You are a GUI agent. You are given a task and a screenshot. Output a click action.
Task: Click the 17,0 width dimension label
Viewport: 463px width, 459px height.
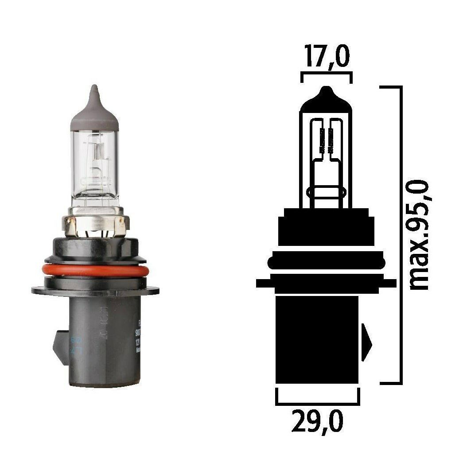click(326, 57)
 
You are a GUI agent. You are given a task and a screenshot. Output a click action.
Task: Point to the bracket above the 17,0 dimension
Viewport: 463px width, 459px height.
click(326, 76)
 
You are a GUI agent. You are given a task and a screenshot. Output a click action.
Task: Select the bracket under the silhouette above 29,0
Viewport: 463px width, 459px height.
click(317, 398)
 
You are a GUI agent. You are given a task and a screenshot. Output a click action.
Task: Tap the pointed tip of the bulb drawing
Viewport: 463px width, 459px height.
click(326, 91)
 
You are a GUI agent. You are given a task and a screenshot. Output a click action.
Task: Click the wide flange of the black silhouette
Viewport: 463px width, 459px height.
click(326, 283)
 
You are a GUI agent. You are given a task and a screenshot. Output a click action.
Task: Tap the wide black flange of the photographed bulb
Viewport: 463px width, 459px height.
click(95, 290)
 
